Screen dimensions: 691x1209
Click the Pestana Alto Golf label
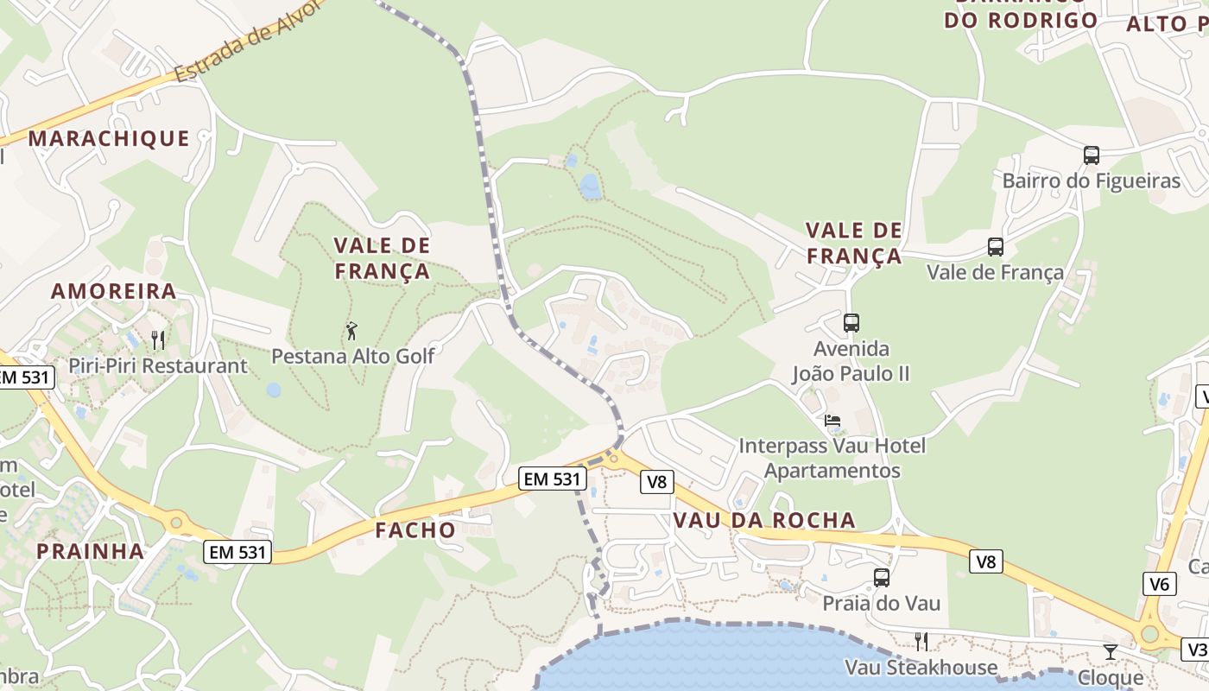352,356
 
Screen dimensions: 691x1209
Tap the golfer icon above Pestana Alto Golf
351,330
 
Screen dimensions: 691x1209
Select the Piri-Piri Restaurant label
158,365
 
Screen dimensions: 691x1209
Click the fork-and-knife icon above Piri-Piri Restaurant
157,339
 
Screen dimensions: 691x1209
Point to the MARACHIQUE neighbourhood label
109,138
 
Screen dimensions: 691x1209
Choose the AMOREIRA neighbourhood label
114,291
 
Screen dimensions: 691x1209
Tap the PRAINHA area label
91,551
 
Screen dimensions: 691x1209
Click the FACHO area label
415,530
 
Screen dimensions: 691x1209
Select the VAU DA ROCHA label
764,520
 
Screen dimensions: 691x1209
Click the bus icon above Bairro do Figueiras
1092,155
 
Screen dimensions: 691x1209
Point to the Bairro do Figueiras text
1091,181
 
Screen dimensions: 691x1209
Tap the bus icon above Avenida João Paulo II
851,323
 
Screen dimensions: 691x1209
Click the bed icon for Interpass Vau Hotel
832,421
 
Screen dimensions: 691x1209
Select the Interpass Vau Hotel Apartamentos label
832,459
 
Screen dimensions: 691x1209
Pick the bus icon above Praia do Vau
882,578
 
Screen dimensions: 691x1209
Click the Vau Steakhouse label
921,668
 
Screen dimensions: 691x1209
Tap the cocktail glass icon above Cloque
1111,651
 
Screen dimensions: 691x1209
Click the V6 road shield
1159,584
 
